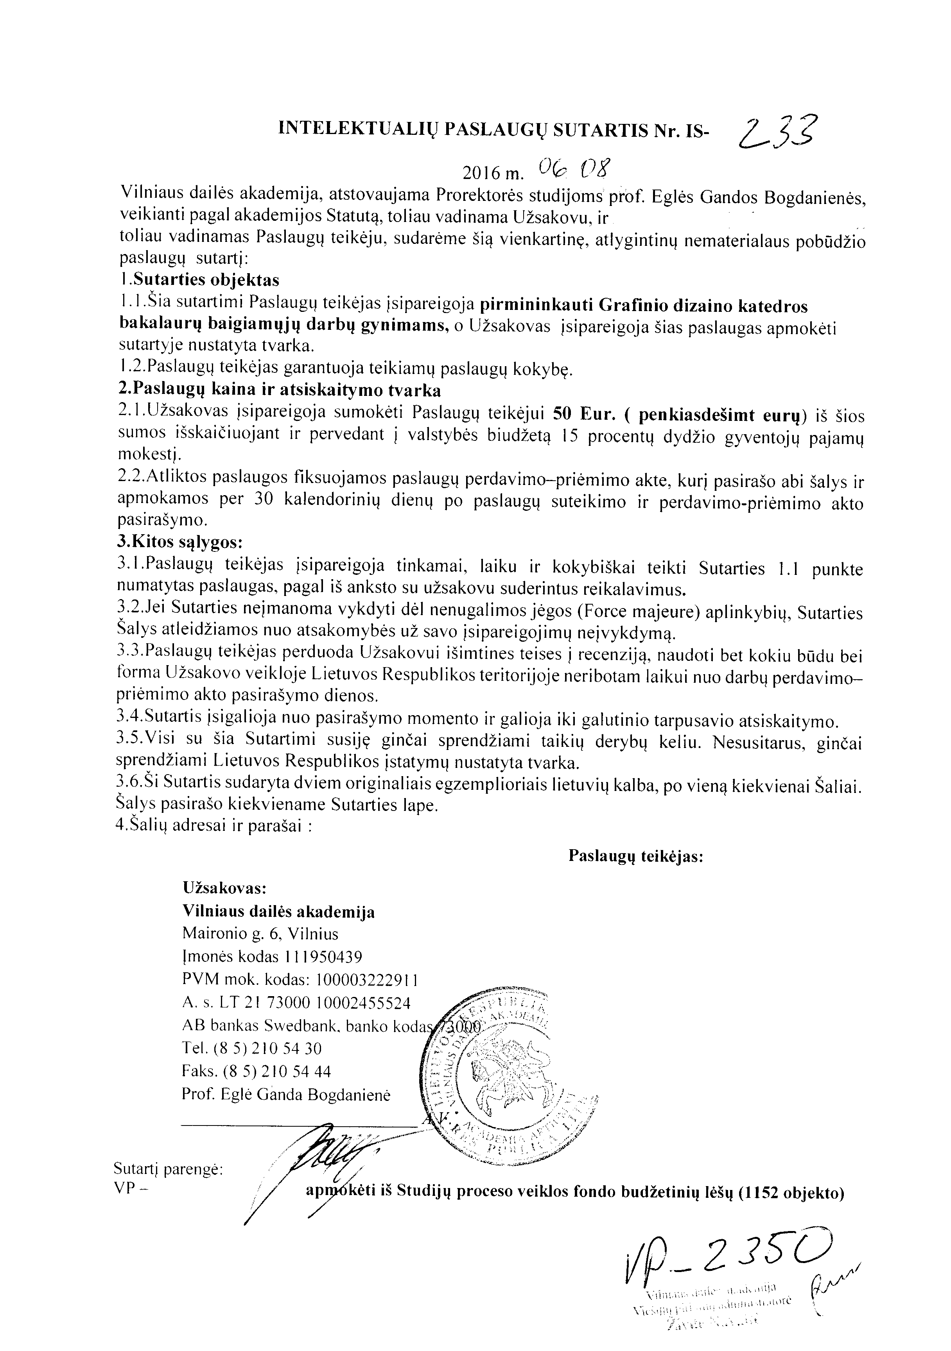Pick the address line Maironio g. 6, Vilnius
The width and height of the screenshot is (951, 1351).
[260, 934]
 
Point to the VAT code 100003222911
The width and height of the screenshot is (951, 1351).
[368, 980]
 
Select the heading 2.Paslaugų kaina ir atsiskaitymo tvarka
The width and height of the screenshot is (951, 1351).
[280, 390]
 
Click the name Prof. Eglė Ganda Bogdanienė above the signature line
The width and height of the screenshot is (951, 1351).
[286, 1095]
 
